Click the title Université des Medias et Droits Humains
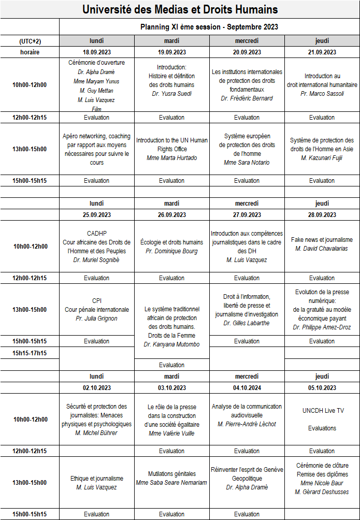tap(180, 9)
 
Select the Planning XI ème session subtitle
tap(209, 27)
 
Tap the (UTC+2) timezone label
tap(30, 41)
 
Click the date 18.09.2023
tap(97, 52)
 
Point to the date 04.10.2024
tap(247, 387)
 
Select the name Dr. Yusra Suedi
tap(171, 94)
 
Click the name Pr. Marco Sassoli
tap(322, 94)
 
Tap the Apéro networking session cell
tap(97, 149)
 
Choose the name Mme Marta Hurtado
tap(171, 158)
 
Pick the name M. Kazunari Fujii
tap(322, 158)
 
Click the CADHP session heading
tap(97, 233)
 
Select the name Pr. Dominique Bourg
tap(171, 251)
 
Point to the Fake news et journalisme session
tap(322, 240)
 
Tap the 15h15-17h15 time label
tap(30, 353)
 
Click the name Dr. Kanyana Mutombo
tap(171, 344)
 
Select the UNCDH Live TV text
tap(322, 411)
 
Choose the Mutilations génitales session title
tap(171, 473)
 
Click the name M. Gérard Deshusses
tap(322, 492)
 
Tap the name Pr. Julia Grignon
tap(97, 318)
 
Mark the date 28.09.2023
tap(322, 214)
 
